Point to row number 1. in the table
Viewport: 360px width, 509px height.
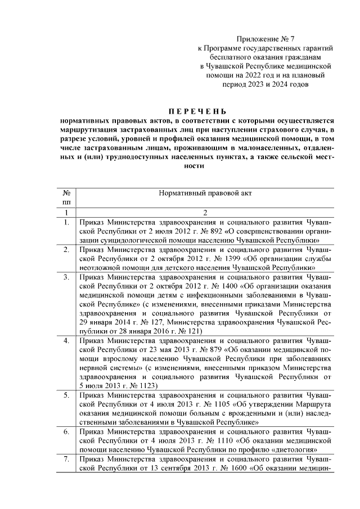pyautogui.click(x=66, y=222)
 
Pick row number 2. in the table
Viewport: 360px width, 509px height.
pyautogui.click(x=66, y=249)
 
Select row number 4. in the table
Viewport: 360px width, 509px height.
pyautogui.click(x=66, y=341)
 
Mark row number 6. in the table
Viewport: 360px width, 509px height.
pyautogui.click(x=66, y=432)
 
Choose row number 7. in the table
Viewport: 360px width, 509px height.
pyautogui.click(x=66, y=459)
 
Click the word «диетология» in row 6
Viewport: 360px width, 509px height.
pyautogui.click(x=294, y=450)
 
